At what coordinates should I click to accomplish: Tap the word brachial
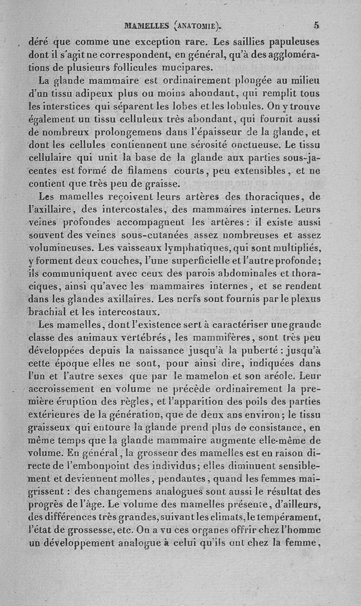tap(48, 311)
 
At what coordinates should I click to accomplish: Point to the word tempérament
tap(287, 516)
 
